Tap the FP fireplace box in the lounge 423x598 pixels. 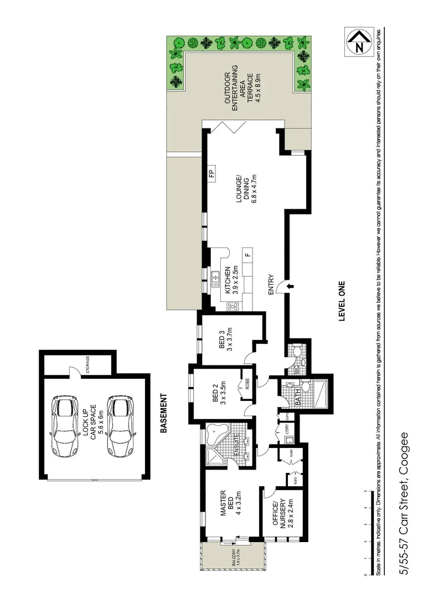211,174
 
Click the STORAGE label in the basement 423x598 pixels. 87,364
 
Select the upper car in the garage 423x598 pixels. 66,425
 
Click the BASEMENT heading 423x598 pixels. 163,413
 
